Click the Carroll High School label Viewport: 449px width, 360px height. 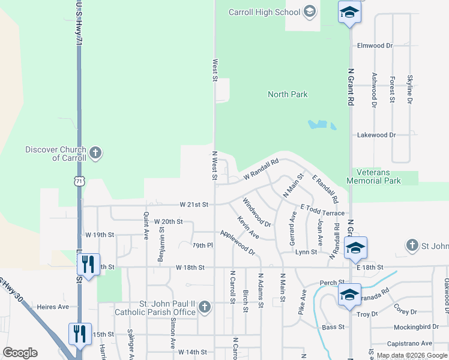(265, 12)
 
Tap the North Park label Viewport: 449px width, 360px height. (288, 94)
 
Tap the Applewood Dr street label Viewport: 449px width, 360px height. (237, 242)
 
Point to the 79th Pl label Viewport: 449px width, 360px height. (202, 245)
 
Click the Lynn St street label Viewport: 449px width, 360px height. (306, 252)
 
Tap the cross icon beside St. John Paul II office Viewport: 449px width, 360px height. (205, 308)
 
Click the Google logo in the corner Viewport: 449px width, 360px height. (20, 353)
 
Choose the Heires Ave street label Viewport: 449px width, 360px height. (53, 307)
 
